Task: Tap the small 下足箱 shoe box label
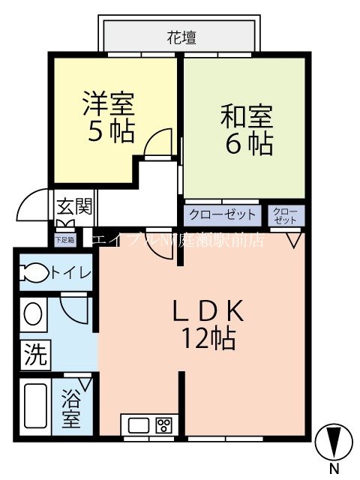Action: [65, 240]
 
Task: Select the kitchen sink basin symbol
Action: [139, 425]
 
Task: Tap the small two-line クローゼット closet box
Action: [286, 215]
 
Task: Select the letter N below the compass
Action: [334, 469]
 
